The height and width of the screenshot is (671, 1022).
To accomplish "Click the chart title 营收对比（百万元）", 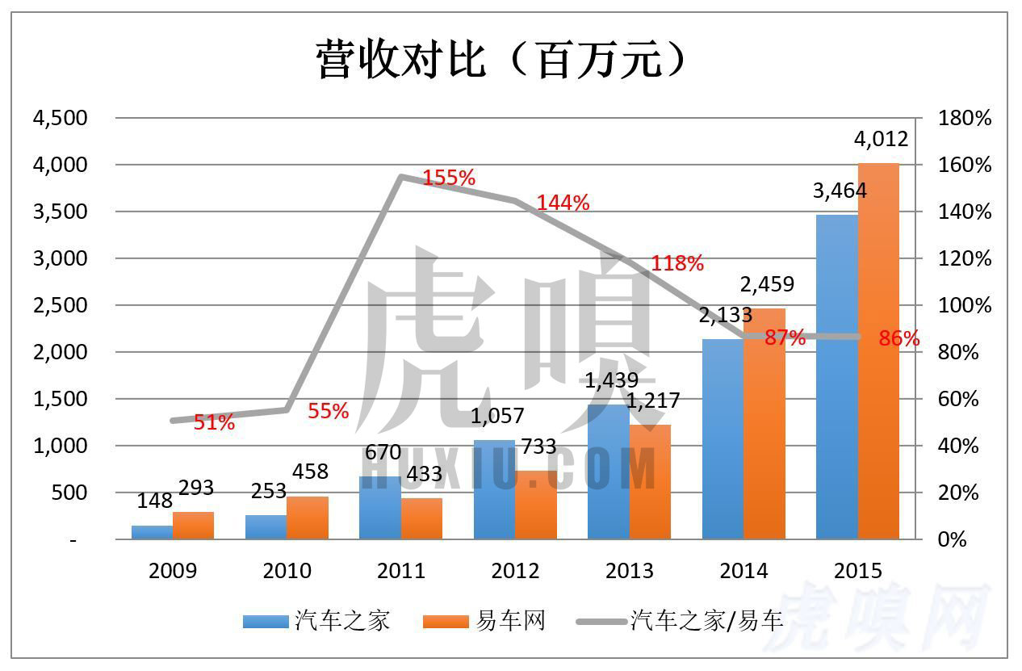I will click(x=501, y=61).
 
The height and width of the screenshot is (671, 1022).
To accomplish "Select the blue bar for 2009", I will click(x=152, y=532).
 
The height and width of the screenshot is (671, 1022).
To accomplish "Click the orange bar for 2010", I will click(x=308, y=518).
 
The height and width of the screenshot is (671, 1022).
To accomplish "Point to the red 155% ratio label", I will click(x=449, y=178).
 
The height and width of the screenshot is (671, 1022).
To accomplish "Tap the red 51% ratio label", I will click(x=214, y=421).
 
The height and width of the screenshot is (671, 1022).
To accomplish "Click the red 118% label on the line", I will click(x=677, y=262).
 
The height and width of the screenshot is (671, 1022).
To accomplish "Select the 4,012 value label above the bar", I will click(x=881, y=139).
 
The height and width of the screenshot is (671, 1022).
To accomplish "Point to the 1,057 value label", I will click(x=496, y=416).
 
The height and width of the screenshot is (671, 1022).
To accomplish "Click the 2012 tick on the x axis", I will click(x=515, y=571).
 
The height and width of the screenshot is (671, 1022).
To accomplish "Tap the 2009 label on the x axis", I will click(x=173, y=571).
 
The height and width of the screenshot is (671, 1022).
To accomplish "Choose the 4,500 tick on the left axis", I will click(x=59, y=118).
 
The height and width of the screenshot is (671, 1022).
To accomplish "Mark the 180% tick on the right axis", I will click(x=964, y=118).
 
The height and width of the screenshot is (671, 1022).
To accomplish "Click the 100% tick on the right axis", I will click(x=964, y=305).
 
